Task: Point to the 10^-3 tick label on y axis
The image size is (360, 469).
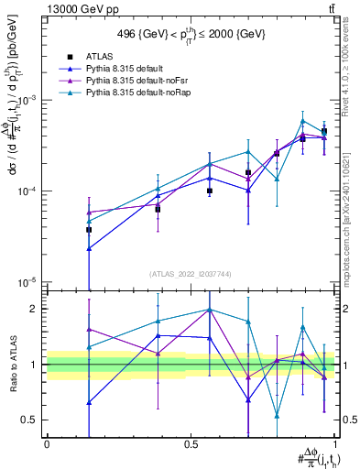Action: (x=28, y=100)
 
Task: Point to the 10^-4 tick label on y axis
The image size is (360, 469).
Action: (x=28, y=191)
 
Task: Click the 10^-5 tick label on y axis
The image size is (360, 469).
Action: (x=28, y=281)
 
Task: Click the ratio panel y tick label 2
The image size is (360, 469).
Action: (x=35, y=309)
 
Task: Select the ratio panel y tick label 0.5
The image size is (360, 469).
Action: (x=31, y=420)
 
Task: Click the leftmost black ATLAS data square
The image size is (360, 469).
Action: (x=89, y=230)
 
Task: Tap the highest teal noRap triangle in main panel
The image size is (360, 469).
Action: (x=303, y=121)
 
